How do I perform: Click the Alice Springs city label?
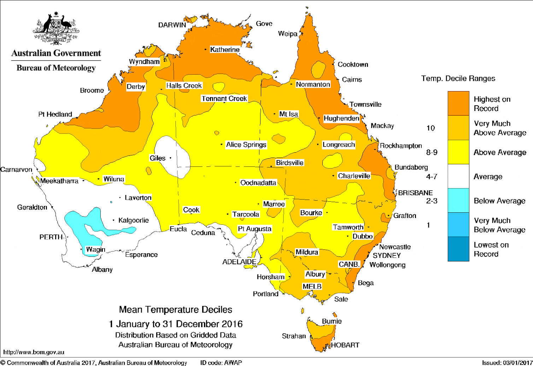(246, 144)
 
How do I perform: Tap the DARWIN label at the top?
(172, 25)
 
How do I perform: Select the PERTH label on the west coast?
(51, 237)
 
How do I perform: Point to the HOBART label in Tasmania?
(345, 345)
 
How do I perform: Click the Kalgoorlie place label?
(133, 220)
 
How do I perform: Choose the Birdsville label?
(289, 163)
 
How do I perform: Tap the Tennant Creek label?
(224, 99)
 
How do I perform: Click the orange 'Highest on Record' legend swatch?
(458, 104)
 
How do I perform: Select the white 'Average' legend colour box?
(458, 176)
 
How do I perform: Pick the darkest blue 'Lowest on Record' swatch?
(458, 249)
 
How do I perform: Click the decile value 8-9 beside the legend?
(432, 152)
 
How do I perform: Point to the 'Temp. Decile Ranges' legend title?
(458, 78)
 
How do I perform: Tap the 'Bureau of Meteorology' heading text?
(56, 68)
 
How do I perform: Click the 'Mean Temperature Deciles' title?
(175, 309)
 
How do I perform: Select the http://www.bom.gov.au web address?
(34, 352)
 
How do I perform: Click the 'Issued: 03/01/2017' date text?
(507, 362)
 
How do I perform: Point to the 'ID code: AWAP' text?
(221, 362)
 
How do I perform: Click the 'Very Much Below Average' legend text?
(499, 225)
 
